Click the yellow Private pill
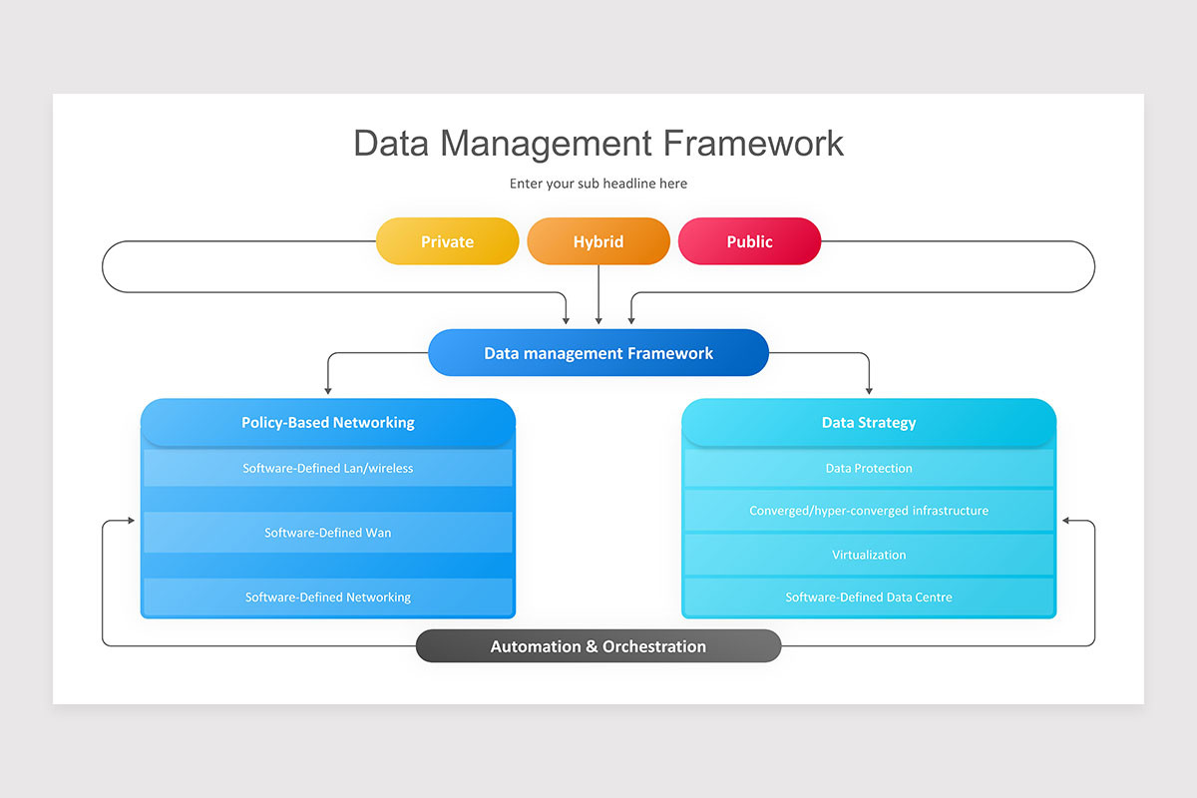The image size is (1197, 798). pyautogui.click(x=447, y=241)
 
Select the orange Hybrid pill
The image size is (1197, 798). pyautogui.click(x=598, y=241)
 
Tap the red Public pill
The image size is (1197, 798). pyautogui.click(x=749, y=241)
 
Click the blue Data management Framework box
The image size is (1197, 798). pyautogui.click(x=598, y=353)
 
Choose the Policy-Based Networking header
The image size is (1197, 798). pyautogui.click(x=328, y=422)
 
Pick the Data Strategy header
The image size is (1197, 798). pyautogui.click(x=868, y=422)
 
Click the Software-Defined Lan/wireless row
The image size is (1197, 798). pyautogui.click(x=328, y=468)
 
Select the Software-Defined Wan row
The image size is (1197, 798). pyautogui.click(x=328, y=533)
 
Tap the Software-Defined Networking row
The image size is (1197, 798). pyautogui.click(x=328, y=598)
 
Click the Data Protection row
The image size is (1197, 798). pyautogui.click(x=868, y=468)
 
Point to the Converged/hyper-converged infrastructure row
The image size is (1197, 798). pyautogui.click(x=868, y=511)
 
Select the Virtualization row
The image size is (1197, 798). pyautogui.click(x=868, y=555)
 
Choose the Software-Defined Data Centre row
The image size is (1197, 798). pyautogui.click(x=868, y=598)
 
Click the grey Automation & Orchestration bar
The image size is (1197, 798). pyautogui.click(x=598, y=646)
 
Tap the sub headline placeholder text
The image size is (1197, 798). pyautogui.click(x=598, y=184)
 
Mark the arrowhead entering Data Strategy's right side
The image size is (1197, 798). pyautogui.click(x=1066, y=521)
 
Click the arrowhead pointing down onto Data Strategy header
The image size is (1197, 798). pyautogui.click(x=868, y=389)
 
